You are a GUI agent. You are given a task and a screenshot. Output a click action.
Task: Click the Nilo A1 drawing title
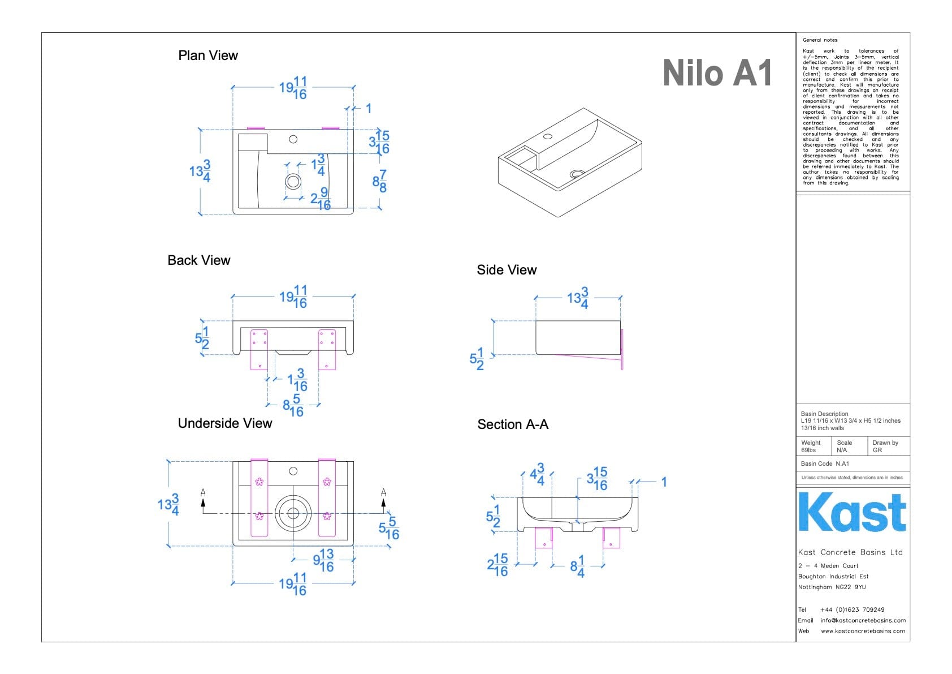[x=717, y=74]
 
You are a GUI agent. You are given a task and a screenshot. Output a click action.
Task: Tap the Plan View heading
[x=208, y=55]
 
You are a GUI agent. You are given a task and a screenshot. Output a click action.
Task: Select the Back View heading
[x=199, y=260]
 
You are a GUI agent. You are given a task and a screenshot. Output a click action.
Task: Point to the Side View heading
[x=507, y=270]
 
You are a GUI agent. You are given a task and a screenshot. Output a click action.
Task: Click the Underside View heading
[x=225, y=423]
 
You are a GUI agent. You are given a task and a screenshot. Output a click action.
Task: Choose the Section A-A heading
[x=513, y=424]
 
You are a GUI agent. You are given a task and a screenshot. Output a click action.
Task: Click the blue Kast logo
[x=852, y=512]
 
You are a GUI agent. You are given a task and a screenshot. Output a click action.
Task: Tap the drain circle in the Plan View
[x=293, y=181]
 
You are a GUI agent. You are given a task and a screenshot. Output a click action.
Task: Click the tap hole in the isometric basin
[x=547, y=136]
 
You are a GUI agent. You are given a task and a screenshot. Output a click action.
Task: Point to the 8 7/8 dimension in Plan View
[x=380, y=181]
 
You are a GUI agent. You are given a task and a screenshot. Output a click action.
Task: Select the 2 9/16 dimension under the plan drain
[x=321, y=199]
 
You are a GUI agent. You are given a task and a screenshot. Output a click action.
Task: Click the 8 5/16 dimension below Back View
[x=293, y=405]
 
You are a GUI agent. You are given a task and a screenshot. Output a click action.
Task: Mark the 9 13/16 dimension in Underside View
[x=324, y=560]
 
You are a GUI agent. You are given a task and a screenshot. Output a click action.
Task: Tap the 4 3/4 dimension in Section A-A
[x=537, y=474]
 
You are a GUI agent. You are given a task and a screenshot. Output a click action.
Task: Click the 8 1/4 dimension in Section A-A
[x=577, y=565]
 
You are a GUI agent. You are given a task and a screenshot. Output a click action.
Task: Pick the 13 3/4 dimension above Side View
[x=578, y=298]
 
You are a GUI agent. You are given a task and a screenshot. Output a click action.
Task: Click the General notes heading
[x=820, y=40]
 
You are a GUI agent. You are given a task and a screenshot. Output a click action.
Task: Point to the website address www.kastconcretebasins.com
[x=863, y=631]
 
